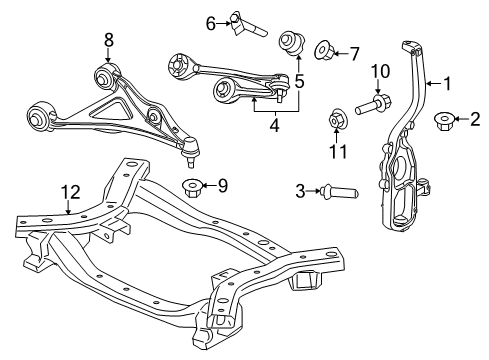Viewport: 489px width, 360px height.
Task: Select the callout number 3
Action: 300,190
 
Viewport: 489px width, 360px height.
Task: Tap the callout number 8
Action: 108,40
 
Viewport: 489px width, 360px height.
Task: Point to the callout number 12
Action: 67,190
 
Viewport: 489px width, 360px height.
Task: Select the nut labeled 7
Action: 326,49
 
